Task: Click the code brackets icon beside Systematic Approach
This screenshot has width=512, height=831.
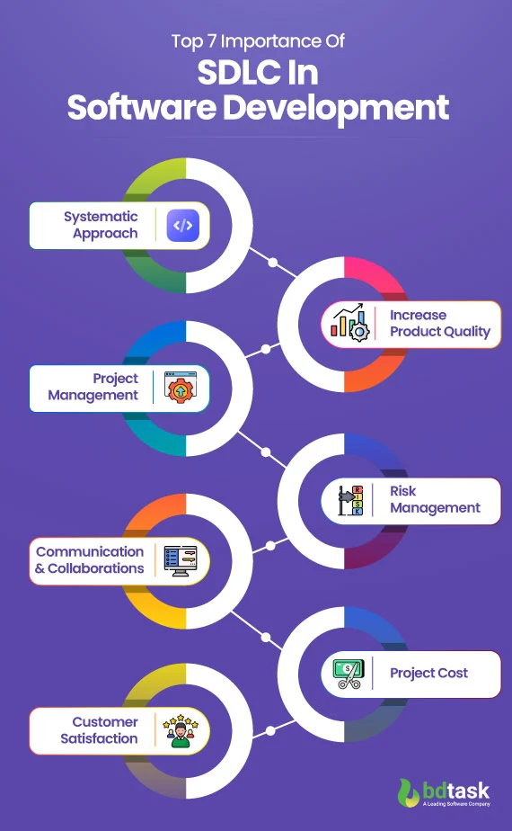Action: [182, 225]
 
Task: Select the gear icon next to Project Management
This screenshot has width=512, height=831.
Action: [182, 388]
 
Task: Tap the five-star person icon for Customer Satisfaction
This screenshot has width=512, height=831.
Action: [182, 730]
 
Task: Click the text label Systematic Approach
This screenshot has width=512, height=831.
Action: [101, 225]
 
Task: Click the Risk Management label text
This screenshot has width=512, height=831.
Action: [435, 499]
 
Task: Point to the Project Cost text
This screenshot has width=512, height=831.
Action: [428, 674]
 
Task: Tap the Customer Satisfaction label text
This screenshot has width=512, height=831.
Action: [100, 730]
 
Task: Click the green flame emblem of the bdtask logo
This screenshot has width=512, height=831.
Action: [409, 793]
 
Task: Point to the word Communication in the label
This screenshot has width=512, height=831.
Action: [90, 551]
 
